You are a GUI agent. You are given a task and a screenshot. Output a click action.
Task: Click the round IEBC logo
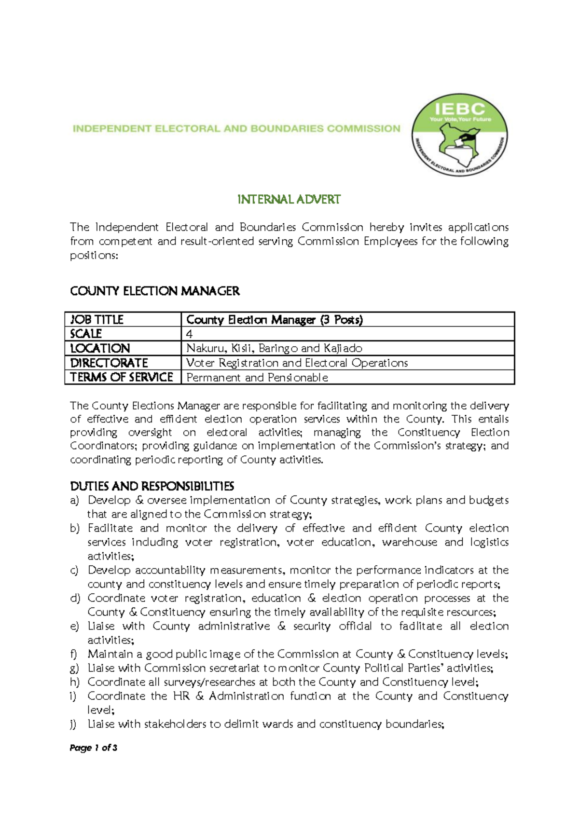[x=459, y=135]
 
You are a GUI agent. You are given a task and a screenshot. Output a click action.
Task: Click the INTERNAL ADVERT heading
[x=289, y=200]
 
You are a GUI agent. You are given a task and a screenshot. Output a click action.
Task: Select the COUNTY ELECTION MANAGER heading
[x=155, y=291]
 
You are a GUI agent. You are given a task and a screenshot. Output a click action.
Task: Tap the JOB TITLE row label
[x=97, y=320]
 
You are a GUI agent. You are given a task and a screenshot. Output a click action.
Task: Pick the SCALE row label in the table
[x=86, y=334]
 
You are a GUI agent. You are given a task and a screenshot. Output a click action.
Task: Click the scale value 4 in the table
[x=189, y=334]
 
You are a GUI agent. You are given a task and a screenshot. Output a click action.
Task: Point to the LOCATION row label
[x=100, y=348]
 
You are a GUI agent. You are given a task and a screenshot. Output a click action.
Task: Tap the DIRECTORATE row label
[x=109, y=363]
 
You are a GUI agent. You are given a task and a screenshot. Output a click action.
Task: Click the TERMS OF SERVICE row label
[x=122, y=377]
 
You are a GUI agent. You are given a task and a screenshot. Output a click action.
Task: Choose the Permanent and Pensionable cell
[x=257, y=378]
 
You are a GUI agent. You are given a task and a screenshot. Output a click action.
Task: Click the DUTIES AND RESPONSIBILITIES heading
[x=152, y=486]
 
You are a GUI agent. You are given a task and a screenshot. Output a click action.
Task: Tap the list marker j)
[x=73, y=724]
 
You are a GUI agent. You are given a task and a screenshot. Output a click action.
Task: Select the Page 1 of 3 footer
[x=94, y=748]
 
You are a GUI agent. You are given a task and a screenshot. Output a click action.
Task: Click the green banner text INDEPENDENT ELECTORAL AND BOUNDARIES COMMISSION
[x=236, y=129]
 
